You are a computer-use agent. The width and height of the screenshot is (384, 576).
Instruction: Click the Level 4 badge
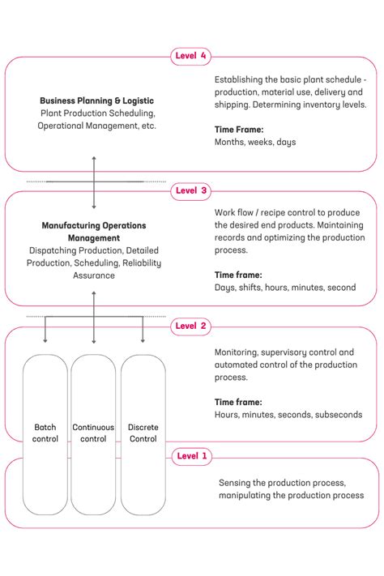click(x=192, y=56)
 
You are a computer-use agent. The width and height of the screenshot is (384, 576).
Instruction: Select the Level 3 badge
click(x=192, y=191)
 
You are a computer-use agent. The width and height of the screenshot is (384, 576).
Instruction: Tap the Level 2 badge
click(x=192, y=326)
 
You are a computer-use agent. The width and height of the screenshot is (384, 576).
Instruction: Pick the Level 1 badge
click(x=192, y=456)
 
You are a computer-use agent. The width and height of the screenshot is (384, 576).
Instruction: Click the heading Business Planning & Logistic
click(x=96, y=101)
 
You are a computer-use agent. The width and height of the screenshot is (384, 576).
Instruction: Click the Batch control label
click(x=45, y=433)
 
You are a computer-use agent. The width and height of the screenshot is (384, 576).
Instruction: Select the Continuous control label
click(x=93, y=433)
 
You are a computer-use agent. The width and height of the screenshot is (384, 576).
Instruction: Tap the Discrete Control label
click(x=143, y=433)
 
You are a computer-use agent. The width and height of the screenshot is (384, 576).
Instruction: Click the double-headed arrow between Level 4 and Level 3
click(x=94, y=182)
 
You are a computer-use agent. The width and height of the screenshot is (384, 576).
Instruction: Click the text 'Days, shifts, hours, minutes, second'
click(x=285, y=287)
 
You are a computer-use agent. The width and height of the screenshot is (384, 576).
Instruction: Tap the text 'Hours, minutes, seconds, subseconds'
click(x=288, y=415)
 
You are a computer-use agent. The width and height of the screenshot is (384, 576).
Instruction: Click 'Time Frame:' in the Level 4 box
click(x=239, y=129)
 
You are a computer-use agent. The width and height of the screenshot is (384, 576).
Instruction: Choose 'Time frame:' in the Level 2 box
click(x=238, y=402)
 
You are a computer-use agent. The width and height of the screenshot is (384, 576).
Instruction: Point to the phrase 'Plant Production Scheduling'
click(x=97, y=113)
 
